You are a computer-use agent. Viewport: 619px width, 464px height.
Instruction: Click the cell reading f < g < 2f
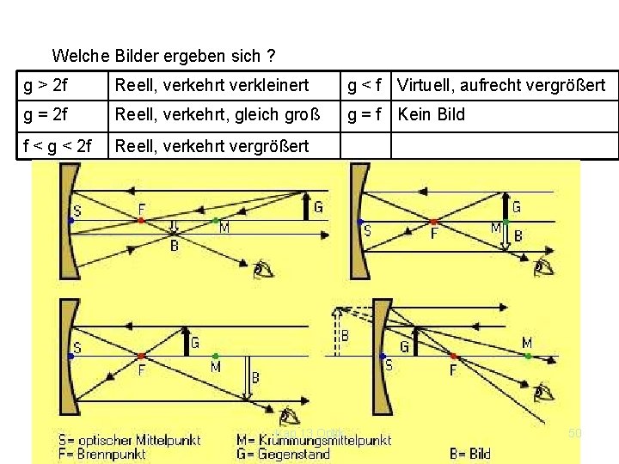(x=59, y=145)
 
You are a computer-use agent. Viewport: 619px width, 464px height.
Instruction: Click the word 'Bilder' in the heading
(x=139, y=57)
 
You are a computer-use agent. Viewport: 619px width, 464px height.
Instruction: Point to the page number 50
(x=575, y=433)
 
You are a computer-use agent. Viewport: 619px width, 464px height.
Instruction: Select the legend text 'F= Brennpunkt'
(x=104, y=454)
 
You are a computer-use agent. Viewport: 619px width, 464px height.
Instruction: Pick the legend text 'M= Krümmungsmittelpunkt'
(x=314, y=439)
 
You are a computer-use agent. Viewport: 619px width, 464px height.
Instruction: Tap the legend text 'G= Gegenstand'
(x=283, y=454)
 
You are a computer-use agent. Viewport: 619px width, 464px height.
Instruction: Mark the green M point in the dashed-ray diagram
(x=527, y=355)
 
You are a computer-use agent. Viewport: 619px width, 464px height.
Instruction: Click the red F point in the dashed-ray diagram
(x=454, y=355)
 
